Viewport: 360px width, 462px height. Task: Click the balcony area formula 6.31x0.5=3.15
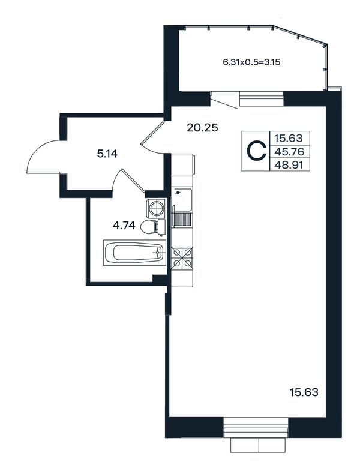(251, 62)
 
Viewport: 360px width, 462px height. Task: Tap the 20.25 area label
(202, 128)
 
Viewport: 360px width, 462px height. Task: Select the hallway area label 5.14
(107, 154)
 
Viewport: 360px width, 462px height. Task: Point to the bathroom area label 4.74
(124, 226)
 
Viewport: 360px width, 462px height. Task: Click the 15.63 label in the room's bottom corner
(304, 392)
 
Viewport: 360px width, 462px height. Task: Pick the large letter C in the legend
(256, 151)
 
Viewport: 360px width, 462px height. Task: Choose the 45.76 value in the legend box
(289, 152)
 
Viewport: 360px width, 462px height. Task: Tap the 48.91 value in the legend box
(289, 165)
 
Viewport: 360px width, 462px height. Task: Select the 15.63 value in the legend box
(289, 138)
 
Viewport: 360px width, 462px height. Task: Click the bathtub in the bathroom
(134, 253)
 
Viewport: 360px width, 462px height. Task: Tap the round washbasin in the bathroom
(155, 208)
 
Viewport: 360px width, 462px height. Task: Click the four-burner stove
(182, 257)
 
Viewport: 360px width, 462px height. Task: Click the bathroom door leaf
(133, 181)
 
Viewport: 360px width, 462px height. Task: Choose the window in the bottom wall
(256, 427)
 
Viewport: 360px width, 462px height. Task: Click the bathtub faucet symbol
(157, 253)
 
